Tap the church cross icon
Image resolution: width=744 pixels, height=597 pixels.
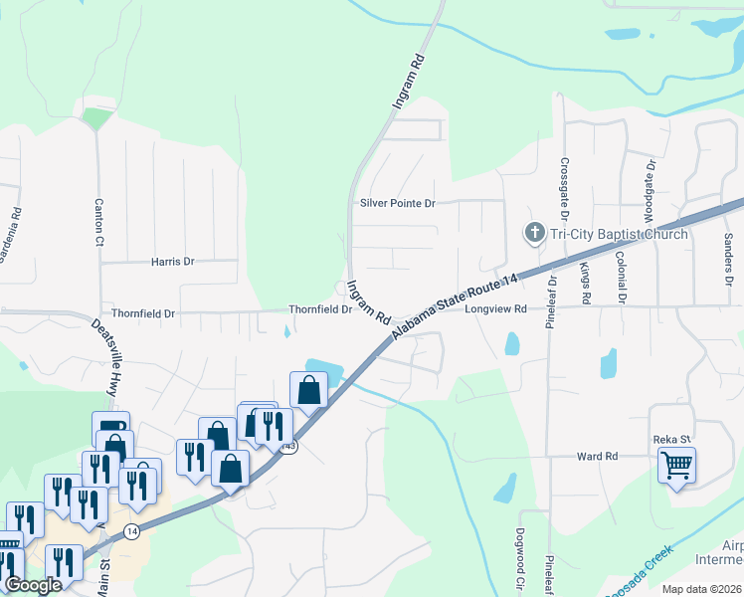[x=533, y=234]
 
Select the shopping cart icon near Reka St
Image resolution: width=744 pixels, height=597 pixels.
[x=676, y=464]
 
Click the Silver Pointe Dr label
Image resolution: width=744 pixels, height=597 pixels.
[x=398, y=204]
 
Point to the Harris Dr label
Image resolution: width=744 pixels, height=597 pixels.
[x=172, y=262]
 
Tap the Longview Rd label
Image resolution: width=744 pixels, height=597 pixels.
[x=494, y=309]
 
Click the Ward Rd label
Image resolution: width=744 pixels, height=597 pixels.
[x=598, y=456]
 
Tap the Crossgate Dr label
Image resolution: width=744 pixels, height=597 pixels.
[x=564, y=189]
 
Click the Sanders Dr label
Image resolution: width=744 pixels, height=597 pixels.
[x=728, y=254]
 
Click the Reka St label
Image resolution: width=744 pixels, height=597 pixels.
[x=671, y=439]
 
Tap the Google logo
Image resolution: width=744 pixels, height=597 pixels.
[x=33, y=585]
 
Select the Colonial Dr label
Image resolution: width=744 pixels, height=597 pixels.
[x=622, y=278]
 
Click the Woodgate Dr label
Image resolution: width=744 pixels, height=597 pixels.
[x=649, y=190]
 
